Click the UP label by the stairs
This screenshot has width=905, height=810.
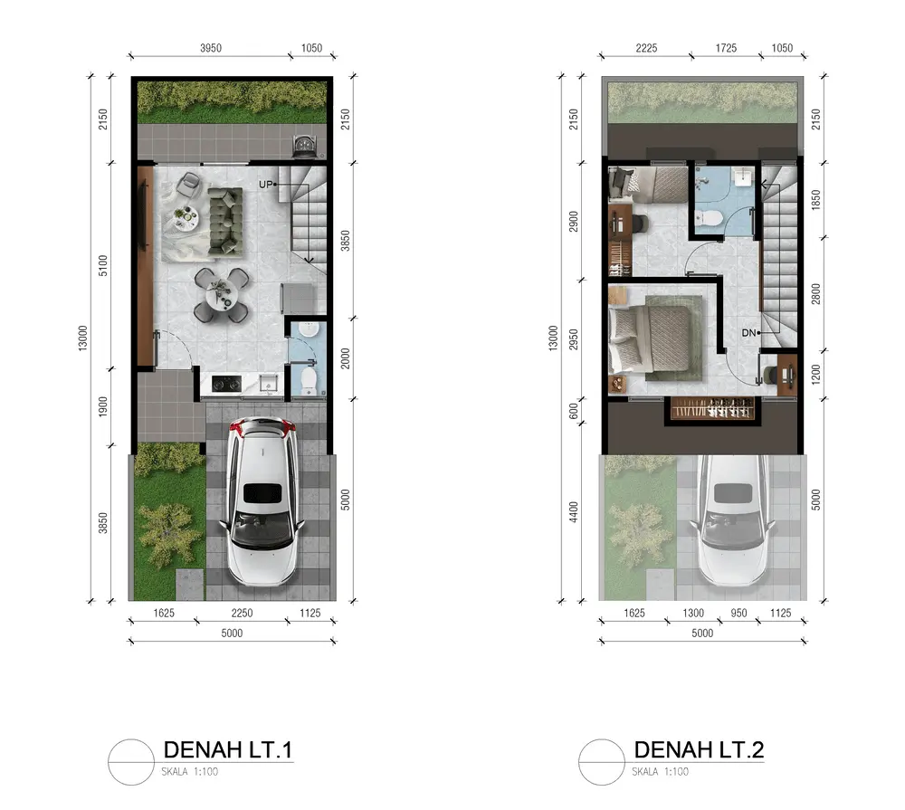265,184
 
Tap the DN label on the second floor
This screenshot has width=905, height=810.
748,332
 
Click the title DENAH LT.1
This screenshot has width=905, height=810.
228,749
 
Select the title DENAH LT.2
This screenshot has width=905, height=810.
699,749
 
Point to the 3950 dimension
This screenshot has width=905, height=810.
211,48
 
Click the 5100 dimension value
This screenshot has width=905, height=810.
103,265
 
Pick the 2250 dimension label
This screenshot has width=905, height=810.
242,613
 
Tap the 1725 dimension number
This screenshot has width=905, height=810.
726,48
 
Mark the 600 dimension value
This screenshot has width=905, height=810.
573,411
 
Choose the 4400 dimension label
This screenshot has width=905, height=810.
573,512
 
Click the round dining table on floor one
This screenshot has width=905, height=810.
223,294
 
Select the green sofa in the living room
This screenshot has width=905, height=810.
225,221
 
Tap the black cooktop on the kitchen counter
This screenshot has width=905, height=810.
226,384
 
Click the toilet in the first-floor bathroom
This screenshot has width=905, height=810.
309,380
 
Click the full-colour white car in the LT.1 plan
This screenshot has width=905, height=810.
262,501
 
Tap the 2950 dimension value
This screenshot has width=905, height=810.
573,339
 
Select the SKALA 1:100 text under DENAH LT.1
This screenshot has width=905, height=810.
190,771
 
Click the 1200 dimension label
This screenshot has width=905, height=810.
815,374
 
